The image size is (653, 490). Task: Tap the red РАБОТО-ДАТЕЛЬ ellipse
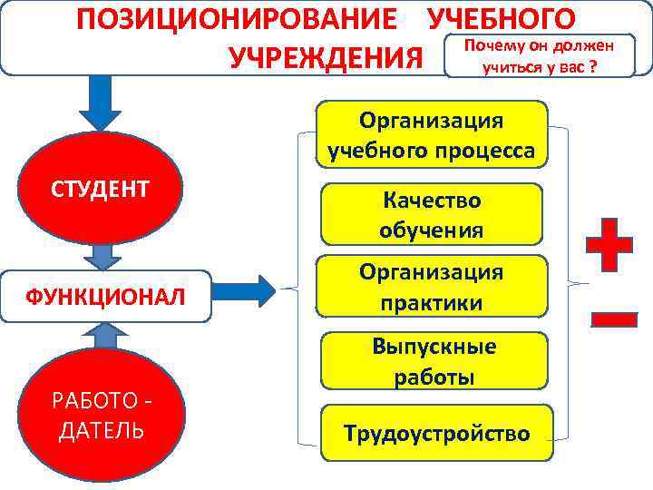pyautogui.click(x=101, y=413)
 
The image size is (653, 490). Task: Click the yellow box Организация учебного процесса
pyautogui.click(x=432, y=135)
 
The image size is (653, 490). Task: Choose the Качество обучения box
pyautogui.click(x=432, y=214)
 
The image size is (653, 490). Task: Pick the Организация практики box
pyautogui.click(x=432, y=287)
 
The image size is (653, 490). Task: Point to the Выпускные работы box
pyautogui.click(x=434, y=361)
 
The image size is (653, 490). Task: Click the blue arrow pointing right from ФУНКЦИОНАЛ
pyautogui.click(x=249, y=290)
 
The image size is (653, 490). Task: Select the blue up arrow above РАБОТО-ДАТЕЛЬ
pyautogui.click(x=107, y=337)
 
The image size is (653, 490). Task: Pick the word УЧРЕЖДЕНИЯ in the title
pyautogui.click(x=326, y=58)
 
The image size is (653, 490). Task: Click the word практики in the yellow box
pyautogui.click(x=432, y=301)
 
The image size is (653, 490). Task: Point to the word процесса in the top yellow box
pyautogui.click(x=482, y=150)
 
